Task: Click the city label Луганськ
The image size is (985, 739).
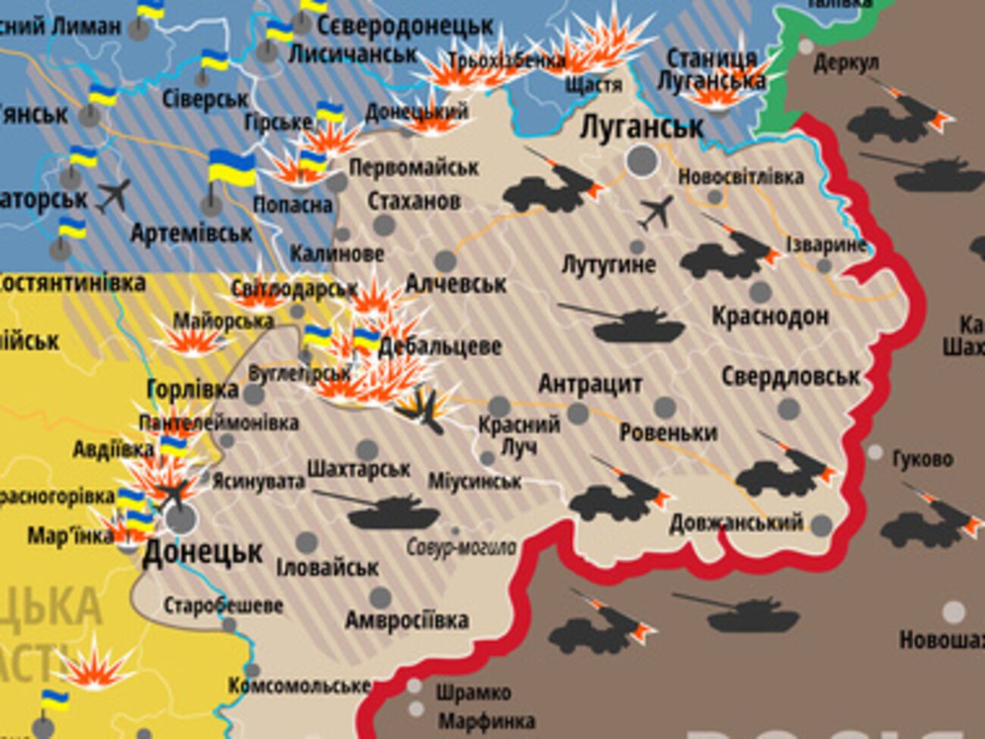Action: [641, 127]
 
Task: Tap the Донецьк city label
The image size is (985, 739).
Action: [202, 553]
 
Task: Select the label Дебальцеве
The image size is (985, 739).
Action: [439, 346]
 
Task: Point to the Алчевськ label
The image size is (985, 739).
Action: [455, 284]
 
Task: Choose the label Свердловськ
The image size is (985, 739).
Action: [790, 376]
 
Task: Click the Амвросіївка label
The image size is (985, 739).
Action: [407, 620]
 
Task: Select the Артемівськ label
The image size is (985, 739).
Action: [191, 233]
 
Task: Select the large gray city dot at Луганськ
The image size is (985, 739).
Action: [642, 161]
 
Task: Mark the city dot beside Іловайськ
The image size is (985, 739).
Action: [306, 543]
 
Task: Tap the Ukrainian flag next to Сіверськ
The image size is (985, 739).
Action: [214, 61]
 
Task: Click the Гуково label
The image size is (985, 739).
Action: [922, 459]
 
